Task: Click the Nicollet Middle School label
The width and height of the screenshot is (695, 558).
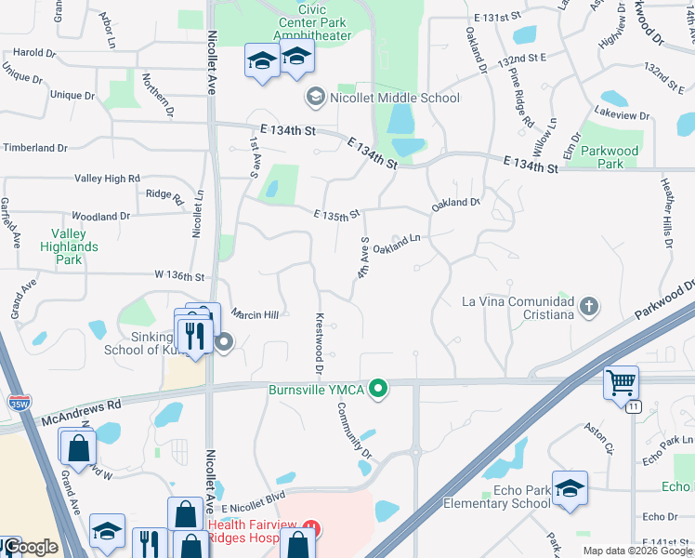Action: pos(394,98)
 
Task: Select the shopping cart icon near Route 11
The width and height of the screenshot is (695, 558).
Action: pos(621,381)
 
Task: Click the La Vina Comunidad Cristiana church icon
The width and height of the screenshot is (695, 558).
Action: pos(588,306)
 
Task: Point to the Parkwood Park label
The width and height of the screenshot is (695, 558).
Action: pos(610,156)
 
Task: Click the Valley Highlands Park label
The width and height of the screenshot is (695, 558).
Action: pos(69,246)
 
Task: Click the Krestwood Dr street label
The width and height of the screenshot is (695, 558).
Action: pos(319,344)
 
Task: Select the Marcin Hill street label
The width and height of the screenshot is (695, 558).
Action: pos(256,315)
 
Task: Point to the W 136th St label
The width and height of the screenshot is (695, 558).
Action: pos(166,276)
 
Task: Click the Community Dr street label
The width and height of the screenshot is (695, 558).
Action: pos(354,430)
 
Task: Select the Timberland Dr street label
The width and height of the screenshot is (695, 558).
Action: pos(34,148)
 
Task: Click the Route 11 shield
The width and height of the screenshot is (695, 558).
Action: pos(633,406)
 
